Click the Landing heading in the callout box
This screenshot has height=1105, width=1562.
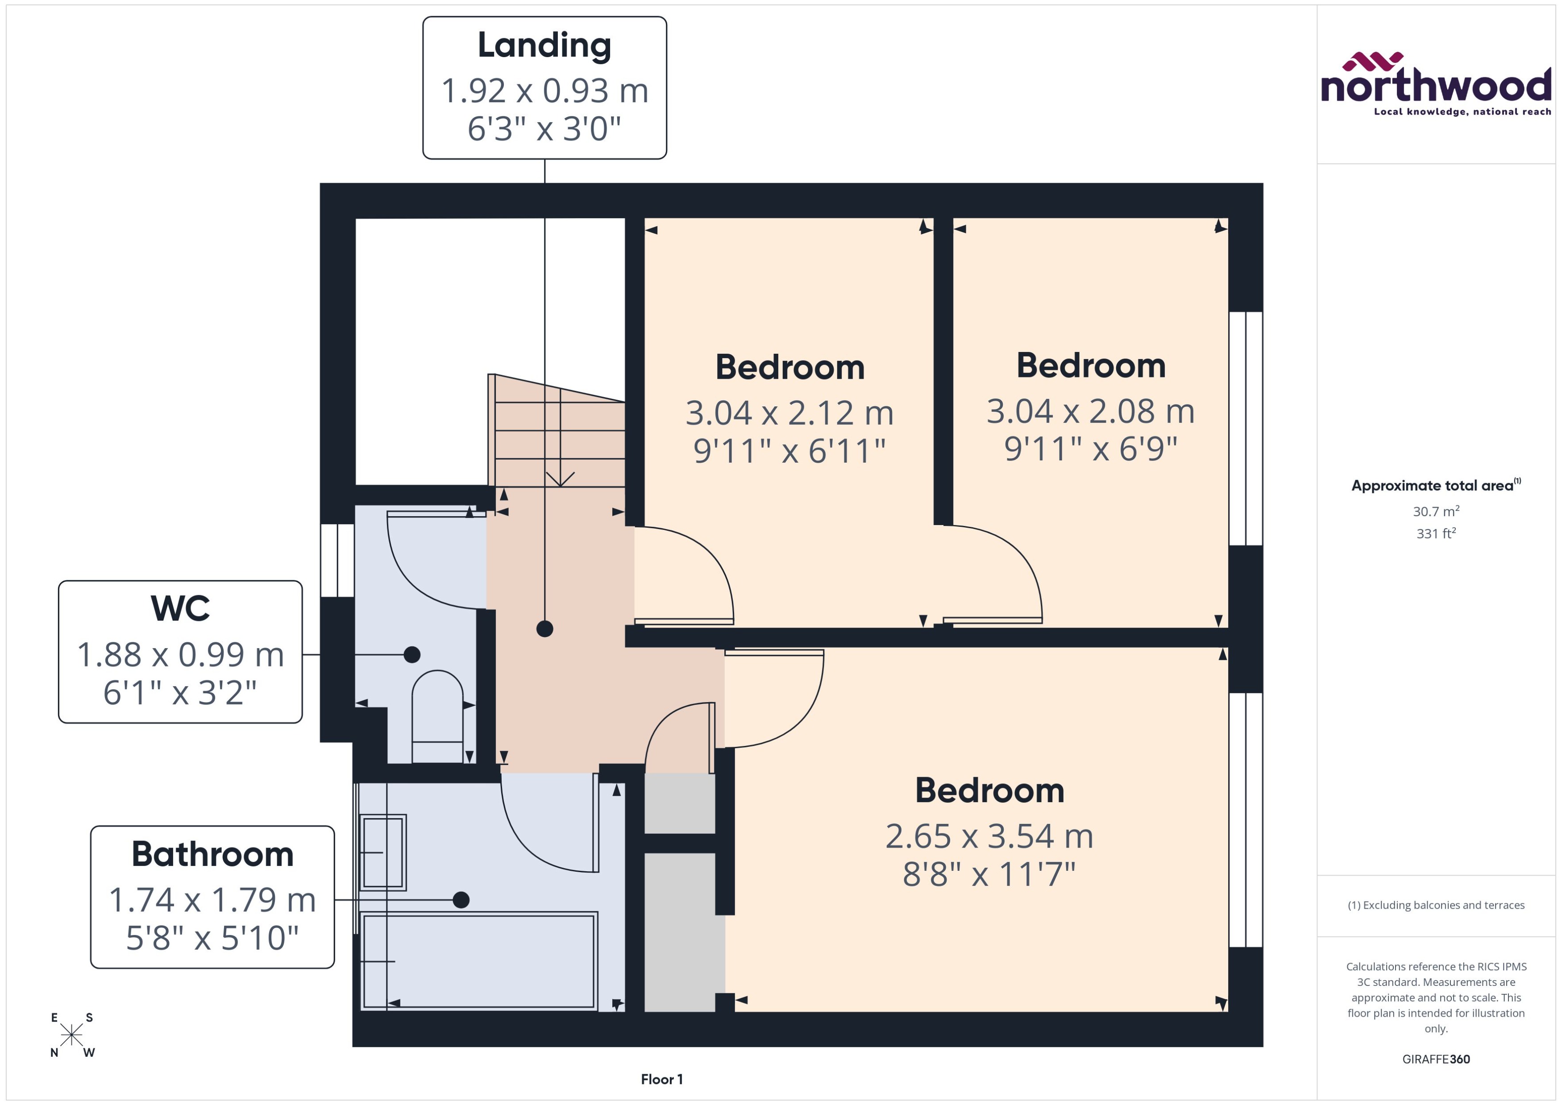pos(544,46)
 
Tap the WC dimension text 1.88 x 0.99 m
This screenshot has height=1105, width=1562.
pos(180,654)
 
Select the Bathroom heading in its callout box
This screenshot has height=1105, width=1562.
pos(212,854)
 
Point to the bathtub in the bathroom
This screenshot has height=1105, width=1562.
pos(478,961)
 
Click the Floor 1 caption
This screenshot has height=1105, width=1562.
pos(661,1079)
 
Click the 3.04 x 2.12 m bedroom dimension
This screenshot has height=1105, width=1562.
pos(789,413)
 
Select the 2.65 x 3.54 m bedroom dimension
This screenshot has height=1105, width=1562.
pos(989,836)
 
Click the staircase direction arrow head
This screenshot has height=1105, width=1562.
pos(560,480)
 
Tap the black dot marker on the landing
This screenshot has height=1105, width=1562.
pos(544,629)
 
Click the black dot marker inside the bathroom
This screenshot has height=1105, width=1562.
pos(461,899)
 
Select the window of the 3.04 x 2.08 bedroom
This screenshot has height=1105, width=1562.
pos(1246,429)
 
